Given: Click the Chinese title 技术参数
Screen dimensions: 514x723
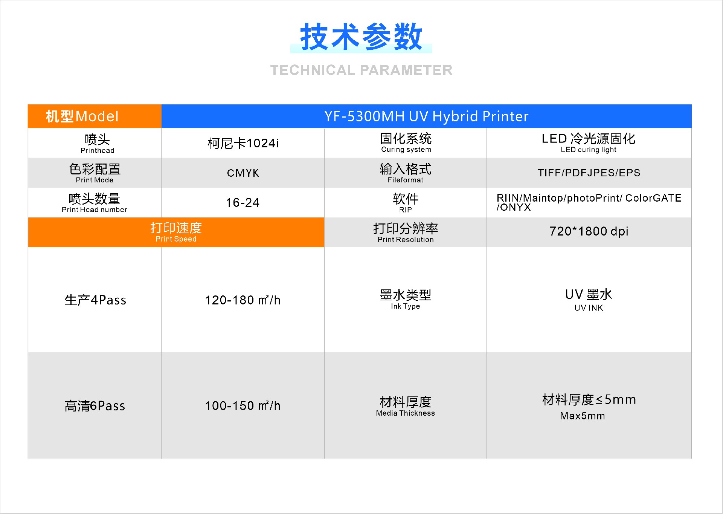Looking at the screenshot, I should point(361,37).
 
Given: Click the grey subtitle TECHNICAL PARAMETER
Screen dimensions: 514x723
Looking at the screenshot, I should point(361,70).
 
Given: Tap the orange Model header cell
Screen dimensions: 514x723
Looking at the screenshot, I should point(82,116).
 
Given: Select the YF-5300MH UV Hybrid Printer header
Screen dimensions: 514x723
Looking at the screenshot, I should point(426,116).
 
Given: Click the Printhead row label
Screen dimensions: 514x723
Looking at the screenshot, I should point(97,144).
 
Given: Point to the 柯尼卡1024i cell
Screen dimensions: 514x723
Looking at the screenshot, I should point(243,144).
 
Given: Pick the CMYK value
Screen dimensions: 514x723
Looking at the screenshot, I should point(243,173).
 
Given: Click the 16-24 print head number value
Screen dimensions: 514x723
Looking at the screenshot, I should point(243,203).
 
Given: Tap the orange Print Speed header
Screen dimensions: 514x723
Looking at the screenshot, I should point(176,232).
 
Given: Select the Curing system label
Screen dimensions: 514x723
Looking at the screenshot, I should point(406,143).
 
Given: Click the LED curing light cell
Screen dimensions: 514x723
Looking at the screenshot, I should point(589,143).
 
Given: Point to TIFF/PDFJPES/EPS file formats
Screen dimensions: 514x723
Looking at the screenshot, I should point(589,173).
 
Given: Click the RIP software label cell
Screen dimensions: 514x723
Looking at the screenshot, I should point(406,203).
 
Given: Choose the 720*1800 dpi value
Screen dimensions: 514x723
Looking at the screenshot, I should point(589,231).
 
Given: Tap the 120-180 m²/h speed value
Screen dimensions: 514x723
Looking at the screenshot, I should point(243,300).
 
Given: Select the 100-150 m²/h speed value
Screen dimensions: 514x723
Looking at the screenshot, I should point(243,406).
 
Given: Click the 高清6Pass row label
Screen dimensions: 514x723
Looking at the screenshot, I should point(95,406).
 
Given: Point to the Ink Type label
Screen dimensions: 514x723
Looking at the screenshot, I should point(406,300).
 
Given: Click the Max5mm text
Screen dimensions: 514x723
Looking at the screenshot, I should point(583,416).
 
